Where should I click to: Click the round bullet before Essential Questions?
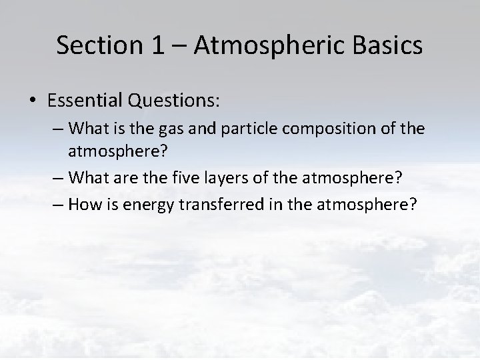tap(33, 101)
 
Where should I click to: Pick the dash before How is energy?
tap(57, 203)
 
